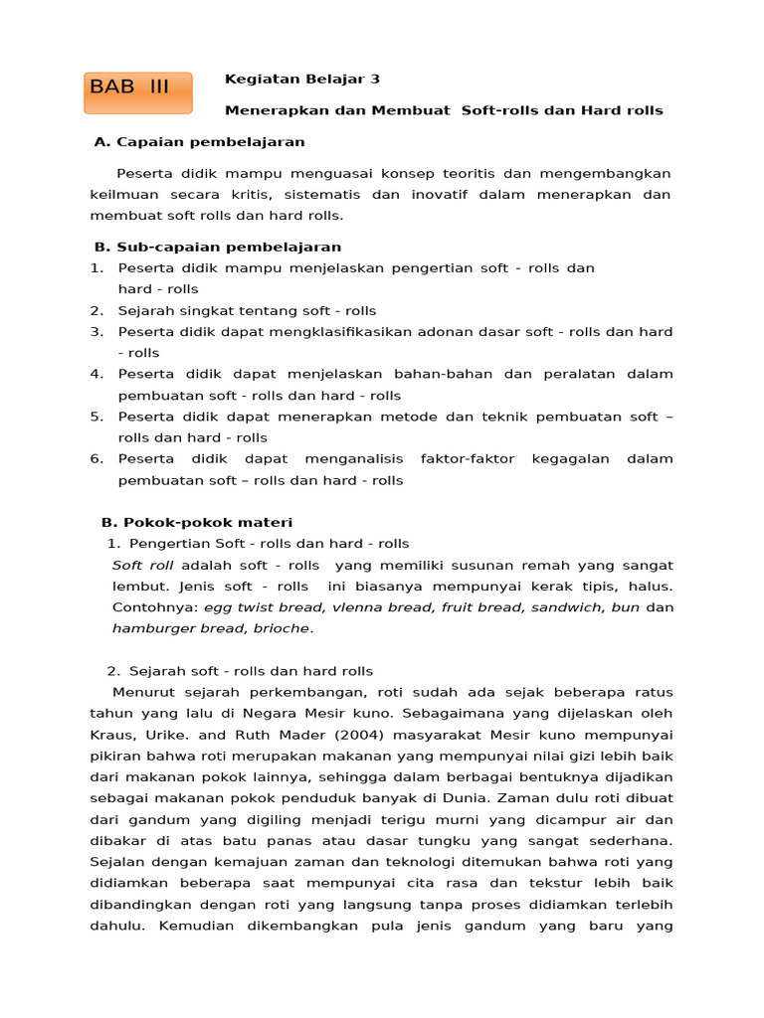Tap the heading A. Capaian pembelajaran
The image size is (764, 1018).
point(199,142)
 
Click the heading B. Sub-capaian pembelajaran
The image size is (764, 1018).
point(218,247)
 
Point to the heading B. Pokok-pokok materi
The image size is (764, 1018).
point(197,522)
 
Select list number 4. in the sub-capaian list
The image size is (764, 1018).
point(96,374)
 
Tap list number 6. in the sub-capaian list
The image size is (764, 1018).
point(96,458)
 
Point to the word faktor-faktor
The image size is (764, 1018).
point(468,458)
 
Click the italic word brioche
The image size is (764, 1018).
point(283,628)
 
